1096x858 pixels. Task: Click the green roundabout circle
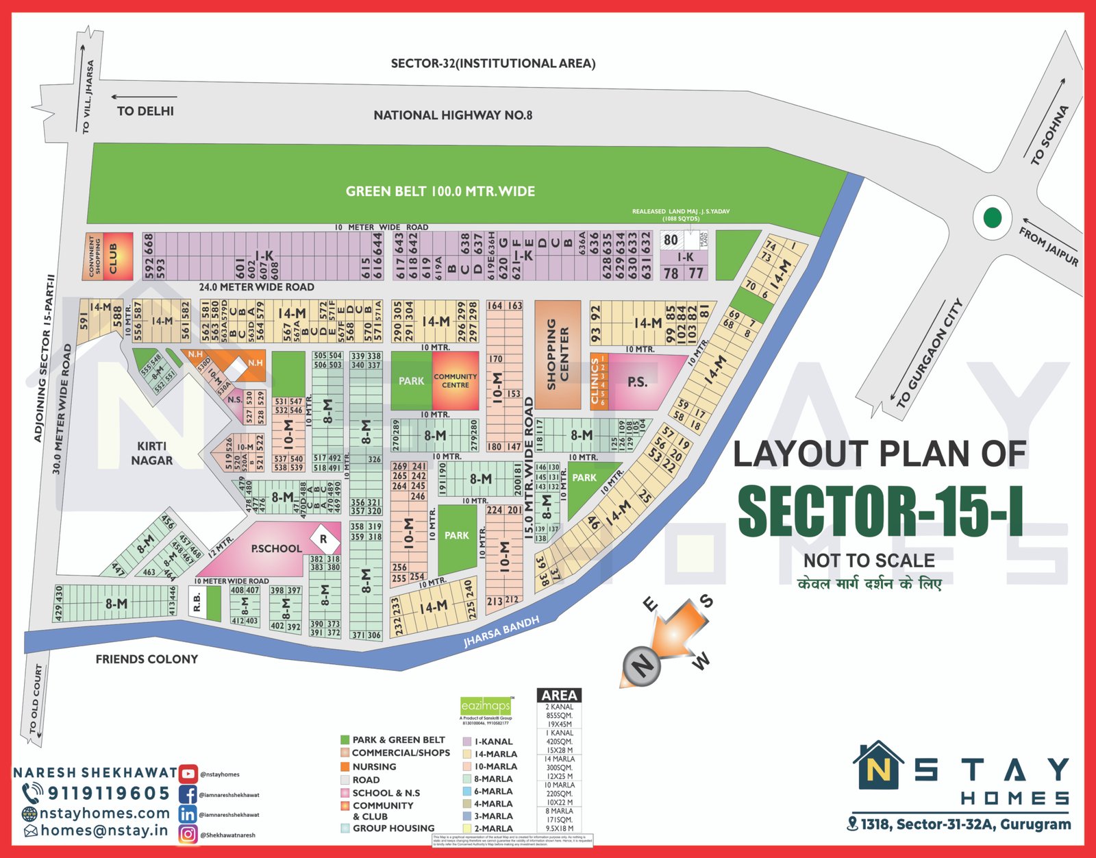[992, 218]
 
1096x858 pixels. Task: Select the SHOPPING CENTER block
[558, 354]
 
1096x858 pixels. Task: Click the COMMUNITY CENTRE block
[456, 381]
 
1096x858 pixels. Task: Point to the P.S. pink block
[638, 382]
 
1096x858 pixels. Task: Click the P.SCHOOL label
[276, 548]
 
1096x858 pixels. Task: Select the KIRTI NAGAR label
[151, 453]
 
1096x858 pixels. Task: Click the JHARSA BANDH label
[501, 631]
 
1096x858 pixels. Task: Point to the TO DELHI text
[145, 111]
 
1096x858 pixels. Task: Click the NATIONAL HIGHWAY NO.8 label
[453, 115]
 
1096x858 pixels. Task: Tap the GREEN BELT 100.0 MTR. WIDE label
[440, 191]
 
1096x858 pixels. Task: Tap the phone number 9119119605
[108, 794]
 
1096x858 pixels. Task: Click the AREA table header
[559, 695]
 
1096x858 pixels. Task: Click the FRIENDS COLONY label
[147, 659]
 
